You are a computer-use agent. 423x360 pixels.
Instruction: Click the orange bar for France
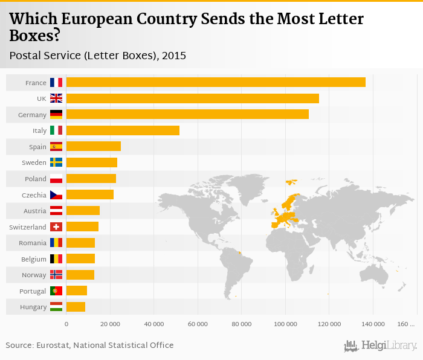click(216, 82)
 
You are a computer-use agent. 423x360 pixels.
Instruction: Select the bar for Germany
click(187, 114)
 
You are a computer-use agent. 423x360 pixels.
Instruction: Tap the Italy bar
click(123, 130)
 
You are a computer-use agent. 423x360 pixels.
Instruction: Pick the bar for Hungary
click(76, 307)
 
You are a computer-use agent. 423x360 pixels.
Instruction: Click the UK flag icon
click(56, 98)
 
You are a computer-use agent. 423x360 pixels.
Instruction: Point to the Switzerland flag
click(56, 227)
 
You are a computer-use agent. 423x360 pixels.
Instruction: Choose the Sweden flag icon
click(56, 162)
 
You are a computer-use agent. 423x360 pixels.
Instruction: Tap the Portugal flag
click(56, 291)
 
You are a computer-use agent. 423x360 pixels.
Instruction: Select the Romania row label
click(33, 243)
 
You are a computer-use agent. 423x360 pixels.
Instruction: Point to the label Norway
click(34, 275)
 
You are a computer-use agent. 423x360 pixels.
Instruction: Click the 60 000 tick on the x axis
click(198, 324)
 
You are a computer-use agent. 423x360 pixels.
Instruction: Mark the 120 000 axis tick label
click(329, 324)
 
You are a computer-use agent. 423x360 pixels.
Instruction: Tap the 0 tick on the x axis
click(66, 324)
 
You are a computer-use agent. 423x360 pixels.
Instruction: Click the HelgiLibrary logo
click(381, 346)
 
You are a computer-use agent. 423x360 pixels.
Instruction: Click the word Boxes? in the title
click(34, 36)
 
